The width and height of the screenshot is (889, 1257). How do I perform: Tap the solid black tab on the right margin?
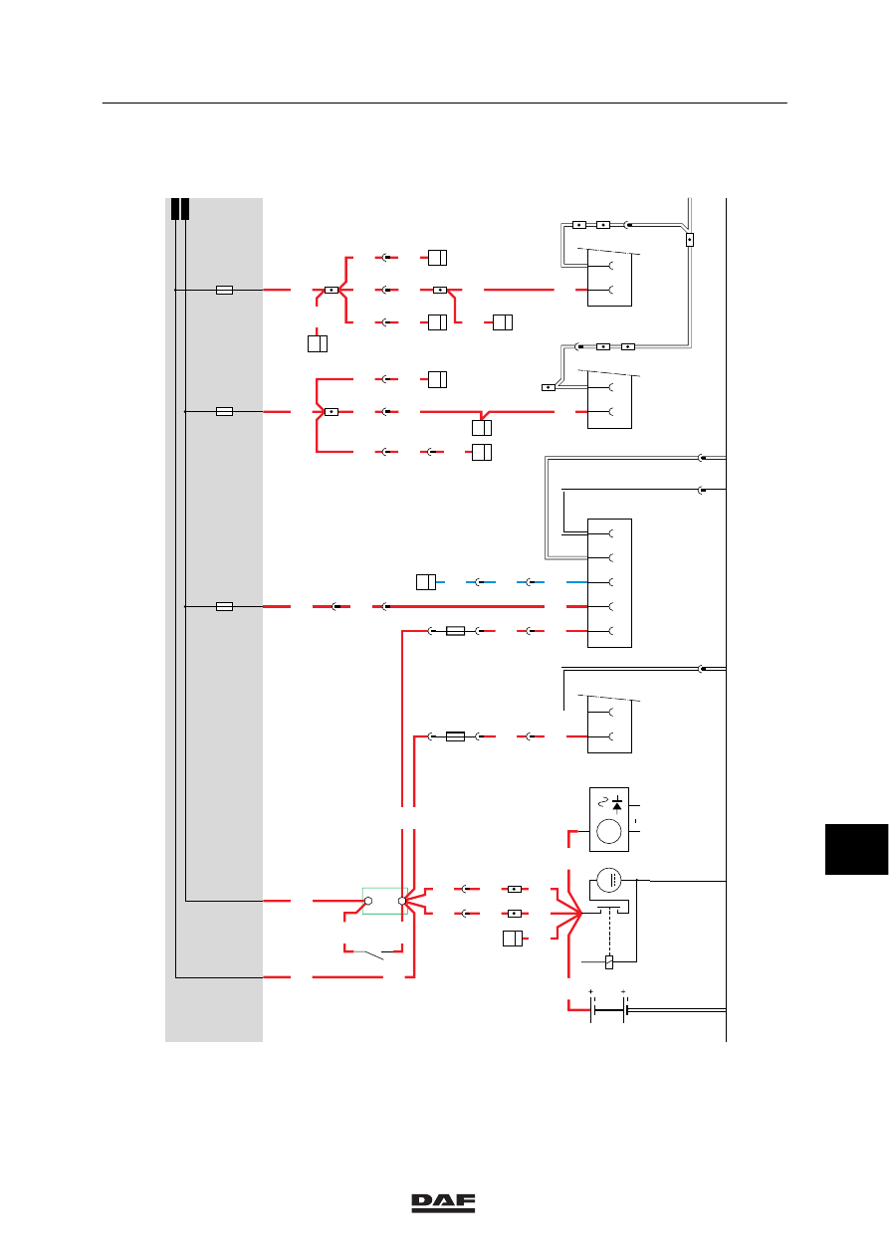[x=856, y=849]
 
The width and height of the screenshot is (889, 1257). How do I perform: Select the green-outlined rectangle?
[x=385, y=901]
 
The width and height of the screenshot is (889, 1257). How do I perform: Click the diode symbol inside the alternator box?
[x=617, y=805]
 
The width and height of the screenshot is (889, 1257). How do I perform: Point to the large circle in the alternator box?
[x=609, y=831]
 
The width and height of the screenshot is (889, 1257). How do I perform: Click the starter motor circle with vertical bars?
[x=609, y=880]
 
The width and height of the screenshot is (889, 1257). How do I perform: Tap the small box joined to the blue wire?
[x=426, y=582]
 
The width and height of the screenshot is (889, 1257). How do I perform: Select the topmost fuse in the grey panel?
[x=225, y=291]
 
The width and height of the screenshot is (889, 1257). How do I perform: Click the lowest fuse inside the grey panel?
[x=225, y=607]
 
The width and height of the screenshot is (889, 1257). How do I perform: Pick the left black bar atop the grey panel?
[x=175, y=209]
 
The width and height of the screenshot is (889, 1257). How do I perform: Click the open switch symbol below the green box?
[x=373, y=953]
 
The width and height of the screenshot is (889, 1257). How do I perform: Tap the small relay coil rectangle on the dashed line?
[x=609, y=961]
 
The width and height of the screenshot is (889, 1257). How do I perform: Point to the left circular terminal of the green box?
[x=368, y=901]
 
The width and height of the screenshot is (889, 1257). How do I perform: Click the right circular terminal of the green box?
[x=402, y=901]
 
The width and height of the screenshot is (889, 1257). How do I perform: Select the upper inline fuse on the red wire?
[x=455, y=631]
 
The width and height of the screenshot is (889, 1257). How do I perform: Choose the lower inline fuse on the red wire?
[x=455, y=736]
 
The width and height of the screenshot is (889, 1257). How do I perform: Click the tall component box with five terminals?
[x=609, y=582]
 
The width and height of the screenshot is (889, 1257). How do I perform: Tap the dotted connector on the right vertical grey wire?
[x=690, y=240]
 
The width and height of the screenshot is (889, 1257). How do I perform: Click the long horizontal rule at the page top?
[x=444, y=104]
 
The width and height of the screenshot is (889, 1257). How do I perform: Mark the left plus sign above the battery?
[x=590, y=991]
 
